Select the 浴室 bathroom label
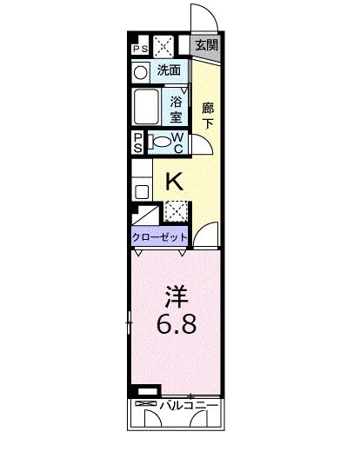pyautogui.click(x=175, y=108)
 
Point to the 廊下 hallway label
pyautogui.click(x=207, y=116)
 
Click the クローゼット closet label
pyautogui.click(x=159, y=236)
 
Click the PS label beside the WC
pyautogui.click(x=138, y=143)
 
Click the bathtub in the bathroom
pyautogui.click(x=148, y=109)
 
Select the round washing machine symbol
pyautogui.click(x=141, y=71)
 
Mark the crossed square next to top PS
pyautogui.click(x=163, y=48)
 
